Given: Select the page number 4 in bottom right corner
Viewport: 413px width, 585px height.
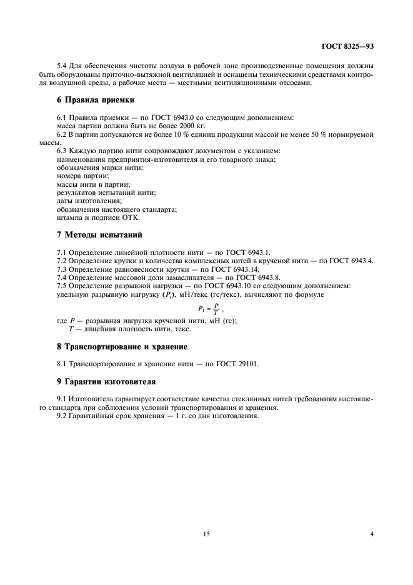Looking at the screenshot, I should click(x=371, y=534).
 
